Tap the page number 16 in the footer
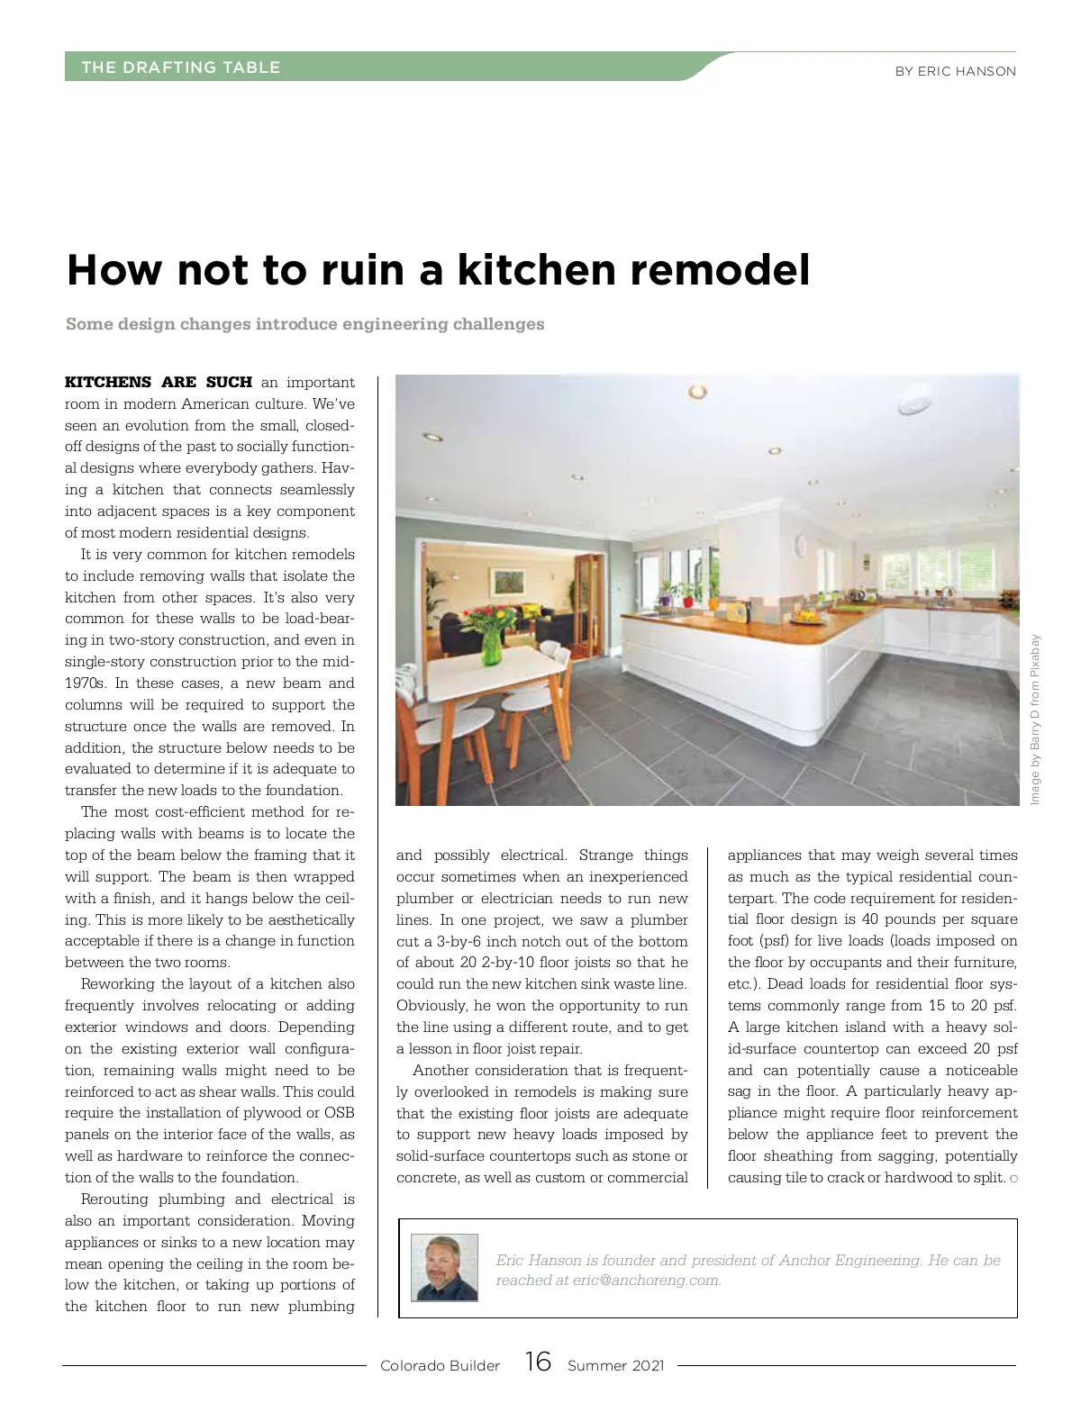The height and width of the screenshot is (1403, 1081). click(538, 1362)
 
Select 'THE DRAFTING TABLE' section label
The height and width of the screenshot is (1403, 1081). click(180, 68)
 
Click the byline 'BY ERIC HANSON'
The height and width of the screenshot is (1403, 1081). click(955, 71)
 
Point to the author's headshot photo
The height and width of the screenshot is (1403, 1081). click(444, 1268)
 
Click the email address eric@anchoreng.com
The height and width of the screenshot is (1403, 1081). click(646, 1281)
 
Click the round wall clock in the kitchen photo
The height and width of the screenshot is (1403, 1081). click(800, 544)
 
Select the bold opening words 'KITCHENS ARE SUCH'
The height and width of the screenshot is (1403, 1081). click(159, 383)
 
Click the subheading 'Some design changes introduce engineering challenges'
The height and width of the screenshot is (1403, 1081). click(304, 324)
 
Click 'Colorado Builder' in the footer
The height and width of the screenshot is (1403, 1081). click(440, 1366)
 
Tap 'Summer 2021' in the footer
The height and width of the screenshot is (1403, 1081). click(615, 1366)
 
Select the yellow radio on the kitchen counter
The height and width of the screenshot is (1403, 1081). click(738, 613)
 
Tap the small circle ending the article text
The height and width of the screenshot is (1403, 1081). click(1013, 1179)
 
